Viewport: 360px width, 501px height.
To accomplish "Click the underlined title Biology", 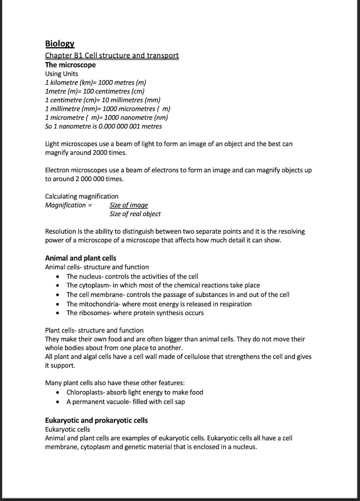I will (x=59, y=44).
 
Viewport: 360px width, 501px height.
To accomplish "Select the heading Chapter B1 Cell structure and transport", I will (x=112, y=55).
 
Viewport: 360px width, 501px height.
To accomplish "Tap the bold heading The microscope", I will (x=70, y=65).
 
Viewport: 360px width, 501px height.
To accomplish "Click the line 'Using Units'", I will (x=62, y=74).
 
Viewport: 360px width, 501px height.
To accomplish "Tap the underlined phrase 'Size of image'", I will (x=129, y=205).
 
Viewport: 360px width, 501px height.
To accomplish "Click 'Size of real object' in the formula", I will (x=135, y=214).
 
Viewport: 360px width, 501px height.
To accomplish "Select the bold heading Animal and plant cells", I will (x=80, y=258).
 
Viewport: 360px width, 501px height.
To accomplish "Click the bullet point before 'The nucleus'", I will (x=57, y=276).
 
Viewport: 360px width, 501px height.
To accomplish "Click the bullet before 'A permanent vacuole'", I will (x=57, y=402).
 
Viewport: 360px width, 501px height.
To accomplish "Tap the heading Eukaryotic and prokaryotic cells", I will (x=96, y=420).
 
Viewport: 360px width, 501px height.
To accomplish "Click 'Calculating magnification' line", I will (x=82, y=196).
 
